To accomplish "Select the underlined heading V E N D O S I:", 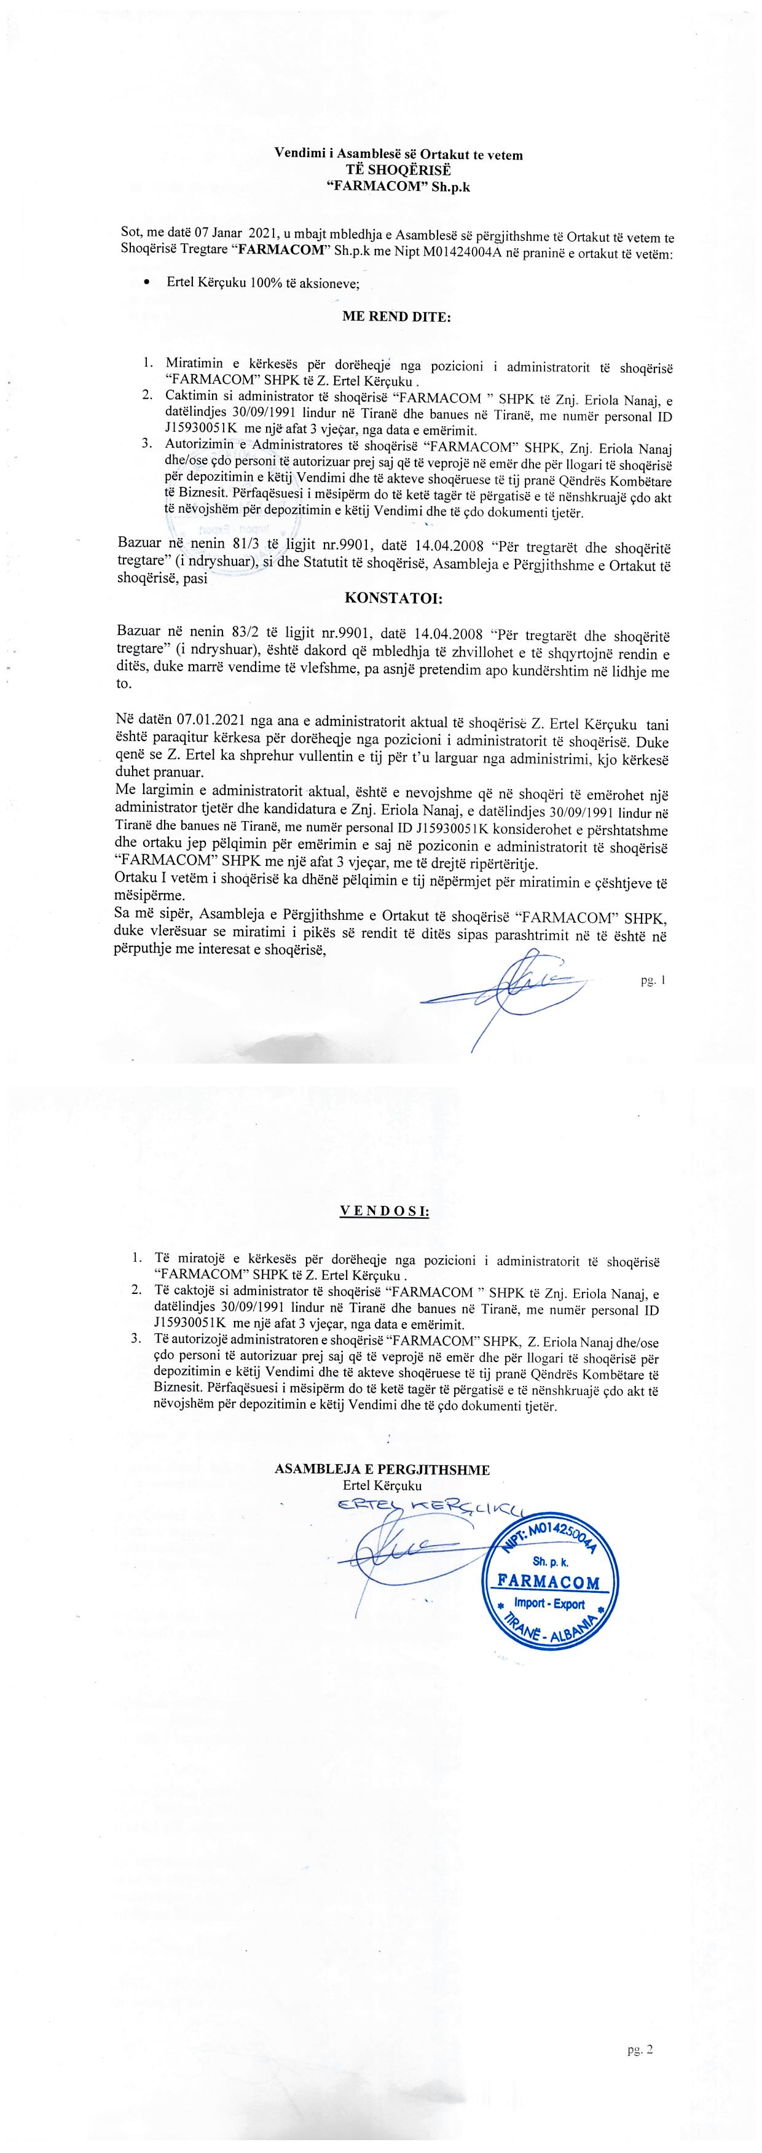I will (x=385, y=1211).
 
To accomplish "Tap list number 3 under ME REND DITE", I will (x=146, y=444).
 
